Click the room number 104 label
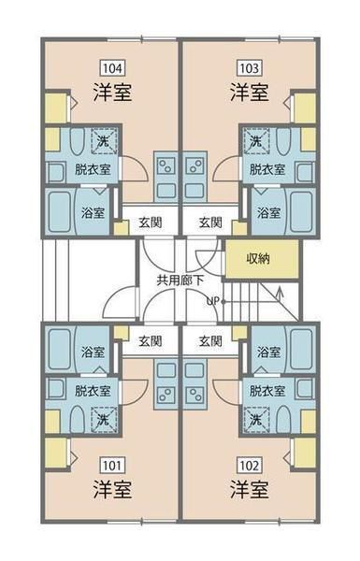tap(113, 68)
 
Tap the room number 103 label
tap(249, 68)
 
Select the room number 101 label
tap(113, 466)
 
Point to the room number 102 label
tap(249, 466)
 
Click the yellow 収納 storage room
tap(262, 259)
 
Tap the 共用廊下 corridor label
tap(180, 280)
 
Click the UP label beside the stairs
tap(212, 301)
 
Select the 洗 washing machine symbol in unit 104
tap(104, 141)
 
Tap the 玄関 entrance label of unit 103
tap(210, 223)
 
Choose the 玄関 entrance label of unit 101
tap(151, 341)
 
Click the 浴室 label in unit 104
tap(93, 213)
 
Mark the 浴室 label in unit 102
tap(268, 352)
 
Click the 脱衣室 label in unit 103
tap(267, 169)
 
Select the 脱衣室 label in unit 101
tap(93, 391)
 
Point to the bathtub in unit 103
tap(301, 211)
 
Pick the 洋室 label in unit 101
tap(112, 490)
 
